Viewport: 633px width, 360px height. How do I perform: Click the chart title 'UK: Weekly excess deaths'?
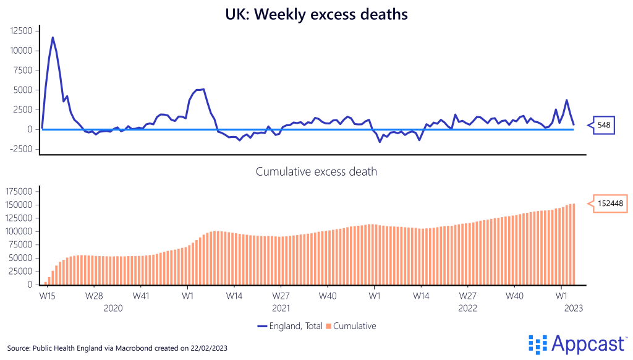pyautogui.click(x=316, y=14)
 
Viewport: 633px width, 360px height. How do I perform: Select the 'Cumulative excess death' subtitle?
pyautogui.click(x=316, y=171)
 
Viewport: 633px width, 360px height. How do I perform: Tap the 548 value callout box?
pyautogui.click(x=603, y=126)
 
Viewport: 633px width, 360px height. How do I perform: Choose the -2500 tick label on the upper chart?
pyautogui.click(x=20, y=149)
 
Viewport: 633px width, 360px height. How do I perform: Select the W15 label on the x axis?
pyautogui.click(x=47, y=296)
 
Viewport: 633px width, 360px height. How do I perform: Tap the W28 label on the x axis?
pyautogui.click(x=94, y=296)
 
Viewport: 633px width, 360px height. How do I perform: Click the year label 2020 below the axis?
pyautogui.click(x=113, y=307)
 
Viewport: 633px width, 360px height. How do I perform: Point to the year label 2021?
pyautogui.click(x=281, y=307)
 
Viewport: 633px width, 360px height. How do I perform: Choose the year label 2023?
pyautogui.click(x=572, y=307)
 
